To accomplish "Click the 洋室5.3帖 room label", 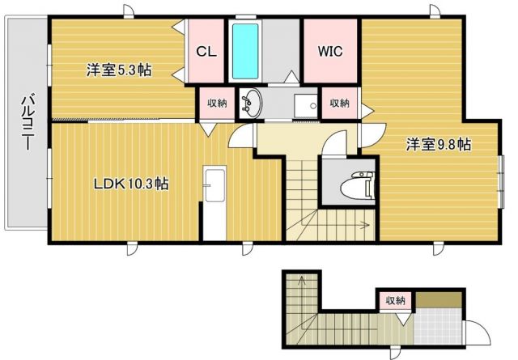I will point(119,70).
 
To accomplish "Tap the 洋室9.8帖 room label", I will point(438,146).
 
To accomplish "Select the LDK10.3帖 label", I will point(129,184).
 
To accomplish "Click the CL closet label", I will point(206,50).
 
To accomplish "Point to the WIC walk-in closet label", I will point(329,50).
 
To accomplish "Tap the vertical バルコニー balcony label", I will point(26,125).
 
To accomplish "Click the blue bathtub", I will point(244,50).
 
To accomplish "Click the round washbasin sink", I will point(253,103).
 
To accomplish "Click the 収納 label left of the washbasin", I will point(216,103).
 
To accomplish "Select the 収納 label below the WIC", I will point(338,103).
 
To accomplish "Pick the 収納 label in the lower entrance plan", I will point(395,301).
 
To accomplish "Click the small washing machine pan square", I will point(305,105).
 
